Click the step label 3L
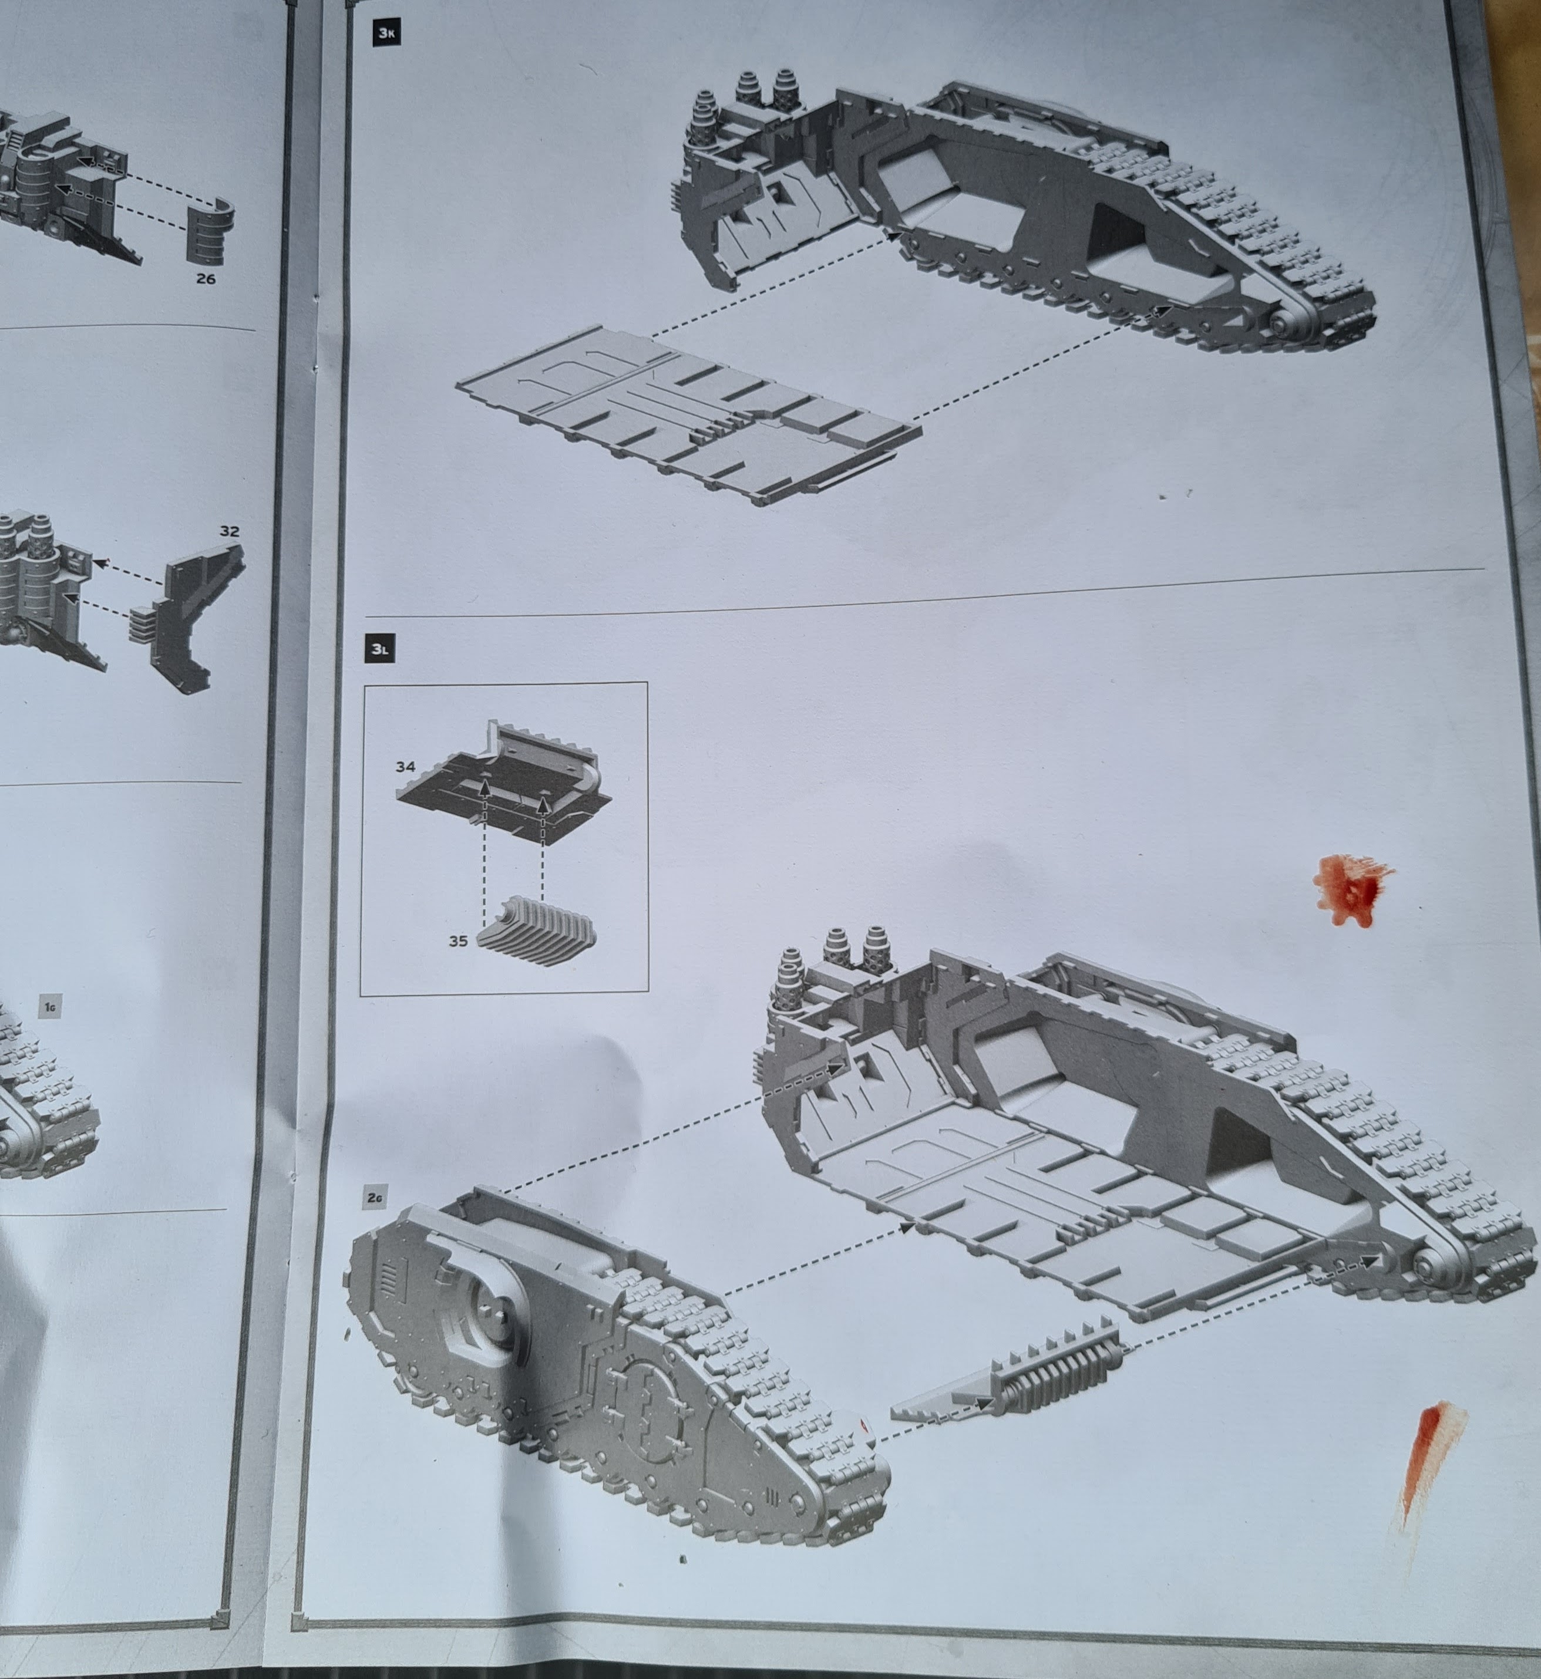point(379,649)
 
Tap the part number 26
point(205,278)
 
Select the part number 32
point(229,531)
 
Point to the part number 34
point(405,766)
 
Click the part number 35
point(458,941)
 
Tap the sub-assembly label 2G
point(375,1199)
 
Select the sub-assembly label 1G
point(50,1007)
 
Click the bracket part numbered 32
point(192,615)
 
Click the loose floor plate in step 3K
point(689,414)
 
